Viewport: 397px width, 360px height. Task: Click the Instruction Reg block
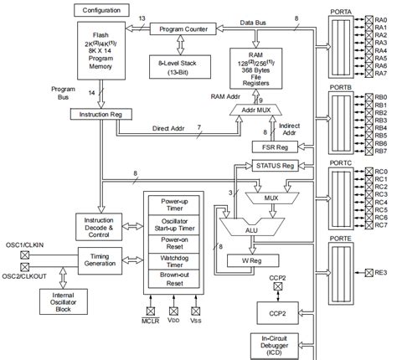coord(101,114)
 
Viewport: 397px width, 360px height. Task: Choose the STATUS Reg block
coord(276,166)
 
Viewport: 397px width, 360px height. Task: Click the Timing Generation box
coord(101,259)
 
